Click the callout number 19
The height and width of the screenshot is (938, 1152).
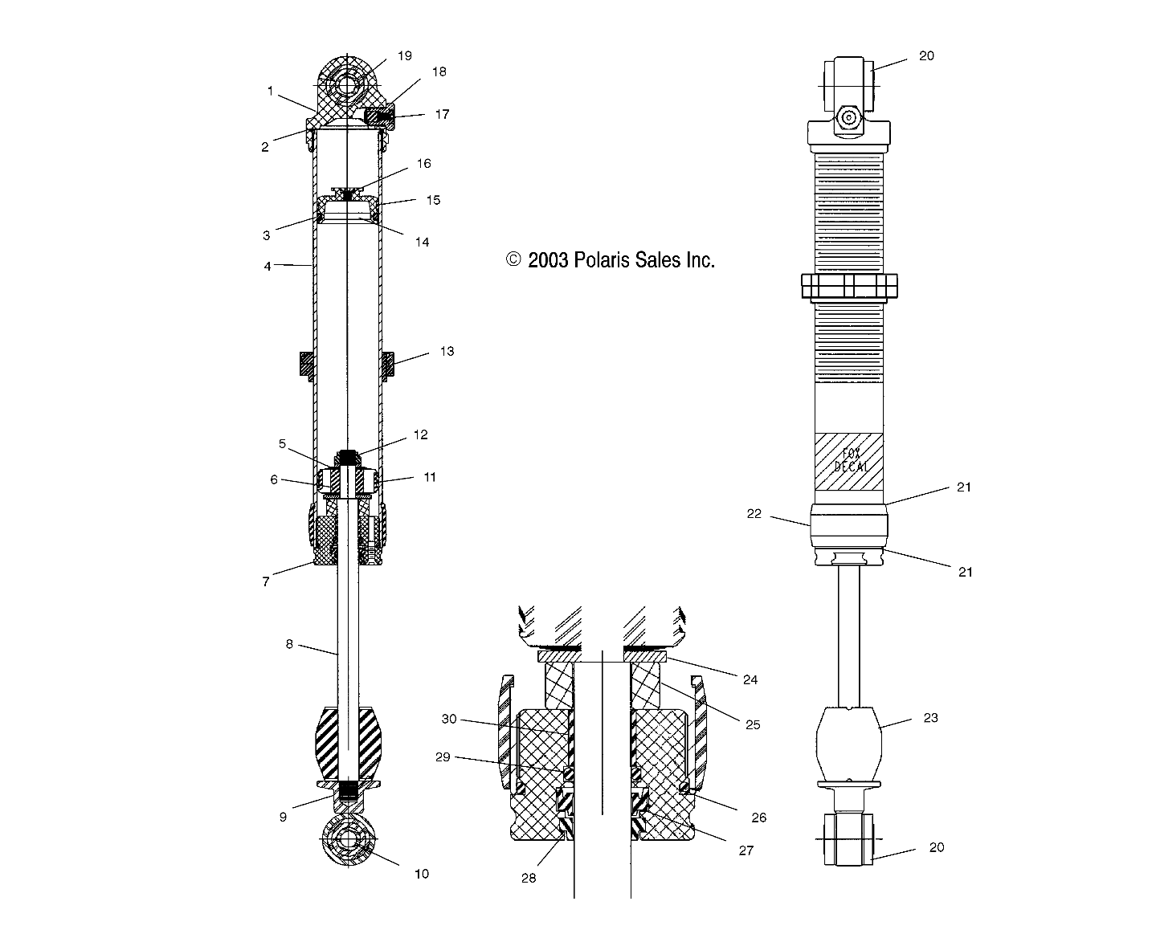coord(404,55)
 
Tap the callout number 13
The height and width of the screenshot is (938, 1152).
coord(447,351)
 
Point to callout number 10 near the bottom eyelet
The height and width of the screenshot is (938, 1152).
coord(421,874)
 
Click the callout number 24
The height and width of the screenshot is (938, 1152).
coord(750,679)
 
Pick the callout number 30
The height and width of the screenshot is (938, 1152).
coord(449,719)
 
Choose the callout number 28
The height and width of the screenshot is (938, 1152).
coord(528,878)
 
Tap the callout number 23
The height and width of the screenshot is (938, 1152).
coord(930,718)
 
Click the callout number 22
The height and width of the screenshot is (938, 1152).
coord(754,514)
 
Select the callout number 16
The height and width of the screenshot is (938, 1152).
coord(423,163)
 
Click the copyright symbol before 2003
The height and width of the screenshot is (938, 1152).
coord(513,259)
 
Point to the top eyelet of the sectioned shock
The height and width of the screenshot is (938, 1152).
coord(348,84)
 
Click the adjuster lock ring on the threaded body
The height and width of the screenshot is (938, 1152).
coord(849,286)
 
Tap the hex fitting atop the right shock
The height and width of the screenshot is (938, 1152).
coord(848,118)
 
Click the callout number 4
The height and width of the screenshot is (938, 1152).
coord(268,266)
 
